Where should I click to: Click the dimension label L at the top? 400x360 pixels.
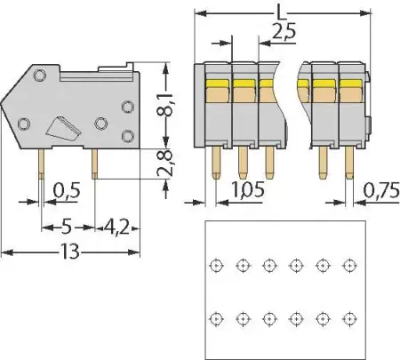281,11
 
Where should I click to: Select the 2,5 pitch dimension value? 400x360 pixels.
284,33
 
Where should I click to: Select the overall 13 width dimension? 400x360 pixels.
70,252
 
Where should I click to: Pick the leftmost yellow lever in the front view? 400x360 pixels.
217,89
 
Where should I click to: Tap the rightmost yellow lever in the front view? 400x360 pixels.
349,89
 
